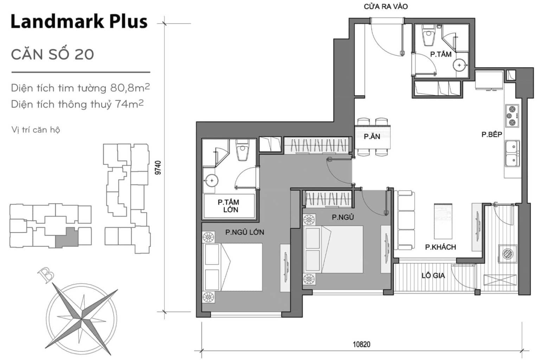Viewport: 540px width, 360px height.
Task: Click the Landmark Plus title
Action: (79, 22)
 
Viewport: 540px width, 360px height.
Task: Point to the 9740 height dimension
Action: (158, 168)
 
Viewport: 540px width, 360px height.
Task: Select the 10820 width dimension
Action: (361, 345)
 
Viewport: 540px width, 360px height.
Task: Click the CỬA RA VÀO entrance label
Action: (386, 7)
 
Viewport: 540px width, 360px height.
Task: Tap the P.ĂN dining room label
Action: (372, 137)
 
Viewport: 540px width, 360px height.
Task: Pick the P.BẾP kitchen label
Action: (492, 134)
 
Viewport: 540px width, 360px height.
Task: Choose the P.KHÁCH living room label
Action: (441, 247)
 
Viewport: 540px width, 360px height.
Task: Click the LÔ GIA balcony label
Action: (433, 275)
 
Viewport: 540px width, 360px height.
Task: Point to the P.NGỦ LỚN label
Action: (245, 232)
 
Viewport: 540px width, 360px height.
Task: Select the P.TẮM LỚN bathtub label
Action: (229, 206)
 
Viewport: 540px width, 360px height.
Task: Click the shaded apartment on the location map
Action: (67, 237)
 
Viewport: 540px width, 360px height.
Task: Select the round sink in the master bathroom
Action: (211, 180)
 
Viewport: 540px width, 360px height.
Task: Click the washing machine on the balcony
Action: (508, 254)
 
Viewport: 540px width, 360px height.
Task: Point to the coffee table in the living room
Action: (443, 221)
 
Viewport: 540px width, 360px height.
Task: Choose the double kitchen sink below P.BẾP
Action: (512, 154)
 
